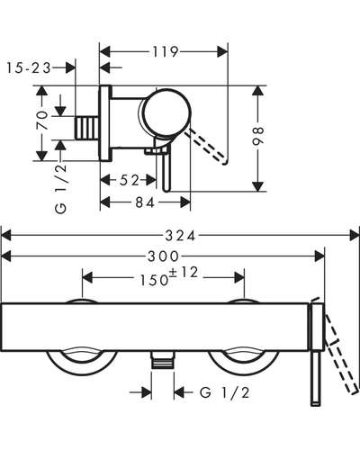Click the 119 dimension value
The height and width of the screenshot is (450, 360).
(x=166, y=52)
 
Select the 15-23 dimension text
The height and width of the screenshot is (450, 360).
(x=29, y=68)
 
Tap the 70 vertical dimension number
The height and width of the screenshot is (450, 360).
(x=42, y=120)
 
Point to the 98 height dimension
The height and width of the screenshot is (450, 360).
(x=258, y=136)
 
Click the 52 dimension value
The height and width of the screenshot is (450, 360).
(x=130, y=180)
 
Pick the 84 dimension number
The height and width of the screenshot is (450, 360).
(x=145, y=202)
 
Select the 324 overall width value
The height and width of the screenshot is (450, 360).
(x=180, y=236)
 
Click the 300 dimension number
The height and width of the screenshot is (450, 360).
(x=163, y=256)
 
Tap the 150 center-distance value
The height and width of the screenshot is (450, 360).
(x=155, y=280)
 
